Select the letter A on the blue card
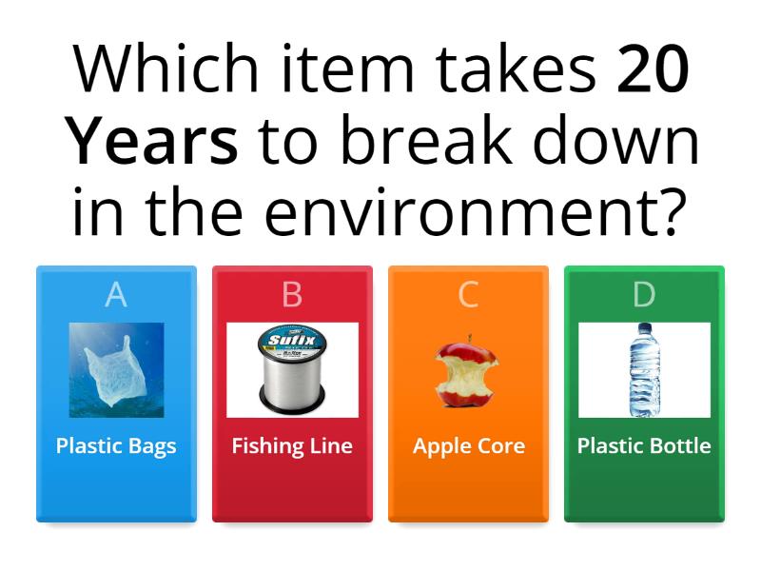(116, 295)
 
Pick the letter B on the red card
(292, 295)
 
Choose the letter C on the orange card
(468, 295)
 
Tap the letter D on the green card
(644, 295)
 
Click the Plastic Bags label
(116, 445)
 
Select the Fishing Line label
(292, 445)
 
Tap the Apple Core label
(468, 445)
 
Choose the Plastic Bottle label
(644, 445)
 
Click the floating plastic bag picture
(116, 370)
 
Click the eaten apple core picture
(466, 370)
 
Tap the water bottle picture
(644, 371)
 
